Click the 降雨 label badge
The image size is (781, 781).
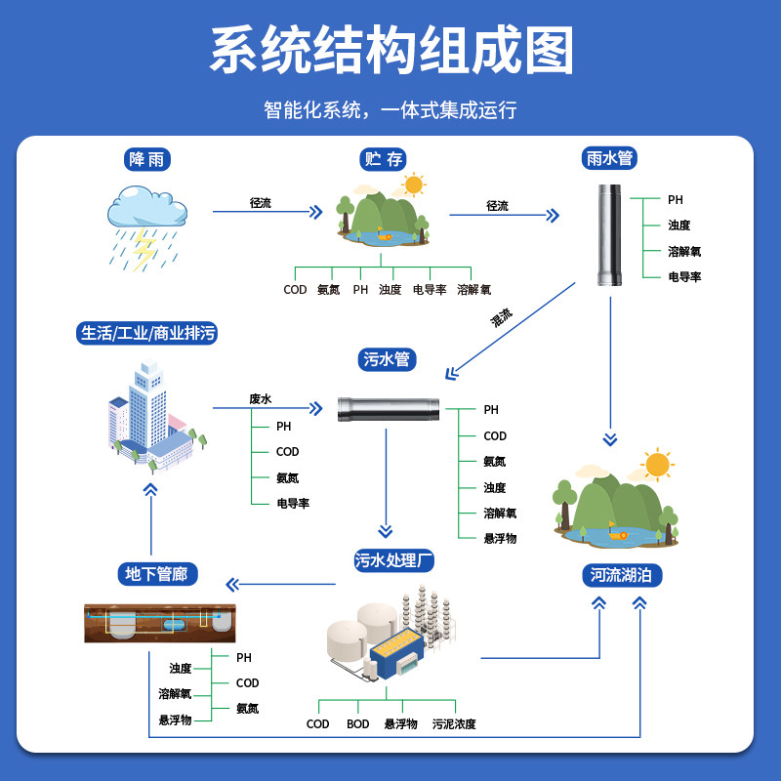(x=147, y=159)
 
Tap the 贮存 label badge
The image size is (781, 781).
(x=383, y=159)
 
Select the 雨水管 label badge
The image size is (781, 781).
(x=609, y=158)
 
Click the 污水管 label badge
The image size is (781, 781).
(x=387, y=359)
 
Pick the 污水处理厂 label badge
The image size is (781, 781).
(x=394, y=560)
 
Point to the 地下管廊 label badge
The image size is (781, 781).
(x=157, y=574)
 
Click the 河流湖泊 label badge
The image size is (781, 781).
(x=622, y=575)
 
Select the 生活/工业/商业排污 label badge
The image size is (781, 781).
(x=147, y=333)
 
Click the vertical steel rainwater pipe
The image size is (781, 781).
(x=609, y=235)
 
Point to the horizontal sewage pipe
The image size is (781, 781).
(x=389, y=409)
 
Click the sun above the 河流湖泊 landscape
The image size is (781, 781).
(x=657, y=465)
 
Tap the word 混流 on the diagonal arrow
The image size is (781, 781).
(x=501, y=317)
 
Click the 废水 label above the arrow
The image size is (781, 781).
(x=260, y=399)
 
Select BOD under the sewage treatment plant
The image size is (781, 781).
(x=357, y=723)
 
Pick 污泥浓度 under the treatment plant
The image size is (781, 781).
(x=454, y=723)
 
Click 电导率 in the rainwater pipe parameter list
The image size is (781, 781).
(x=684, y=276)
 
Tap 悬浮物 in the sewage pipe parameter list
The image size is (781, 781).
(x=500, y=538)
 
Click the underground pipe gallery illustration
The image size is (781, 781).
(x=160, y=623)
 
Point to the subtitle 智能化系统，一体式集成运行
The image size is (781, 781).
(x=390, y=110)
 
